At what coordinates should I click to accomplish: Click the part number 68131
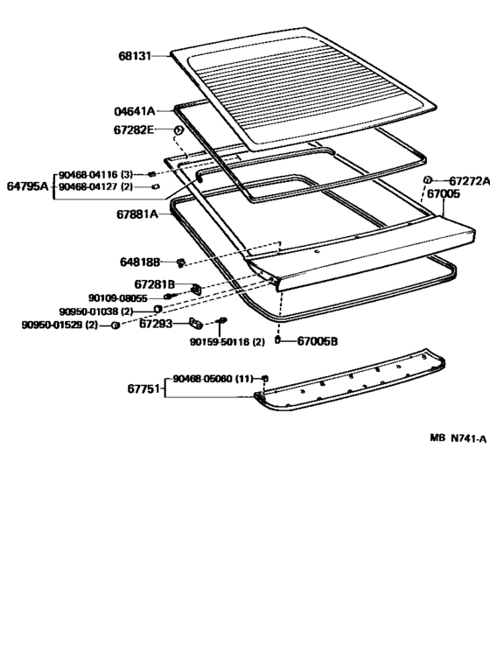pos(135,56)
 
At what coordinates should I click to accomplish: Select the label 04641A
pos(135,111)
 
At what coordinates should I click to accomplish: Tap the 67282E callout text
pos(134,130)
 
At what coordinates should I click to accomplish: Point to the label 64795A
pos(28,185)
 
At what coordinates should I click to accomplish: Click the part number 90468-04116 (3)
pos(95,174)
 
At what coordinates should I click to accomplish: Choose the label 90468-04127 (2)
pos(95,186)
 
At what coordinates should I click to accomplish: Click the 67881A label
pos(137,214)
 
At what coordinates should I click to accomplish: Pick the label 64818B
pos(140,262)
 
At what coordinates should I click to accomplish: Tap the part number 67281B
pos(154,284)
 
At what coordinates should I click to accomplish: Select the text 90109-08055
pos(118,298)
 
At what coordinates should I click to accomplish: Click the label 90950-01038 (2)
pos(96,311)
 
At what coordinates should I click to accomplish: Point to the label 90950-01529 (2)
pos(59,325)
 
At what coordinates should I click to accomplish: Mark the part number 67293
pos(156,324)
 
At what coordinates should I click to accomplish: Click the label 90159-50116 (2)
pos(227,342)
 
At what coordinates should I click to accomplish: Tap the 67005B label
pos(318,341)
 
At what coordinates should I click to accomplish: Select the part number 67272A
pos(470,181)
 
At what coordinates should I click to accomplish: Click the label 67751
pos(143,389)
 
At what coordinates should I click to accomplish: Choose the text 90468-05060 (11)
pos(213,379)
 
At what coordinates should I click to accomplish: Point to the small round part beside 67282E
pos(178,130)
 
